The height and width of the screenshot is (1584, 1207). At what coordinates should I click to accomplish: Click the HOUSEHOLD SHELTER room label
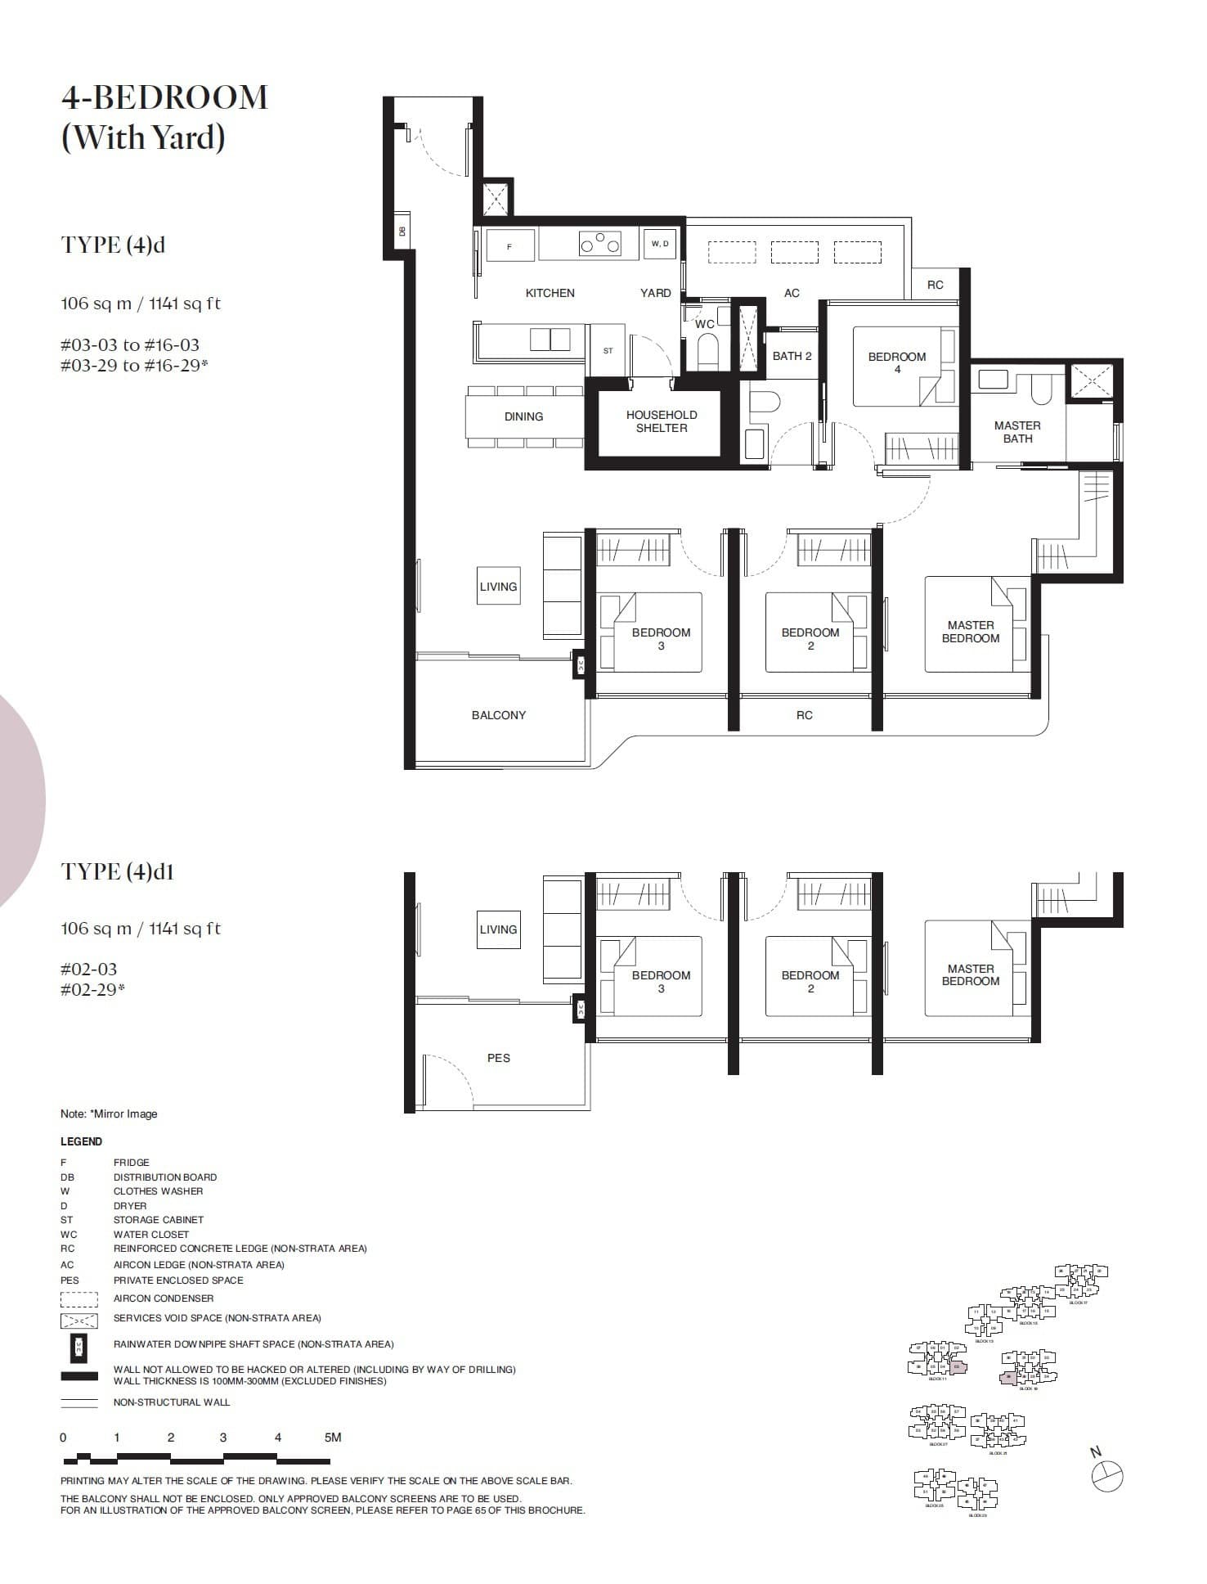click(661, 421)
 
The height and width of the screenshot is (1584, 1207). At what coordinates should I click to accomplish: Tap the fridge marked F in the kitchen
click(510, 245)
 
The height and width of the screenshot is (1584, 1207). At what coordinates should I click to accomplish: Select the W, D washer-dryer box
click(660, 244)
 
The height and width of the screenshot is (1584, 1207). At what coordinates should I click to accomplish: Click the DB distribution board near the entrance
click(402, 231)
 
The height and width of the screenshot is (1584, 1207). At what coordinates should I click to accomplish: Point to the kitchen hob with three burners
click(599, 244)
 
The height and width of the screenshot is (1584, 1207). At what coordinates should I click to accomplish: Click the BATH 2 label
click(792, 356)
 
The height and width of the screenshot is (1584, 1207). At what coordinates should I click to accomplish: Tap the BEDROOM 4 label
click(896, 362)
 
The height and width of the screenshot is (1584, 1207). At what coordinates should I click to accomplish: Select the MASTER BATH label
click(1016, 432)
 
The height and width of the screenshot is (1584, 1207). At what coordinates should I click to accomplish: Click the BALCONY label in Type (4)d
click(498, 715)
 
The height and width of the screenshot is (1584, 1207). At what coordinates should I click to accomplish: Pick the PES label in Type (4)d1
click(498, 1058)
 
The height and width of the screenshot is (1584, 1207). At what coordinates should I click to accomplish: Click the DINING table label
click(523, 416)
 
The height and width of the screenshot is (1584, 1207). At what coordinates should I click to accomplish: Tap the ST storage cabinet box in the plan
click(608, 351)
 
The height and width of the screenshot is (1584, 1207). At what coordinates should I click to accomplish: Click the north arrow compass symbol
click(1107, 1475)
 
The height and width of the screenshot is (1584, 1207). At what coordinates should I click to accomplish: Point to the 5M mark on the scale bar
click(332, 1438)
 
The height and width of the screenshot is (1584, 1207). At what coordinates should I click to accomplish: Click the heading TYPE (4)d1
click(117, 871)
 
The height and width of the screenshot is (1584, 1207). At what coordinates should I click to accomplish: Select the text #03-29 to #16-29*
click(134, 366)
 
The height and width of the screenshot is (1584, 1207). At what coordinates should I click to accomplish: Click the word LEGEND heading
click(81, 1141)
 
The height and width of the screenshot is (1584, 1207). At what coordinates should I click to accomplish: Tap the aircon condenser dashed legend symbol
click(79, 1298)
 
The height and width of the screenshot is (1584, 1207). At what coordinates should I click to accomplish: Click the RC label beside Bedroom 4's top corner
click(935, 285)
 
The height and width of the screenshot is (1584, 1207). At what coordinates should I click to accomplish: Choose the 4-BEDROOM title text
click(164, 97)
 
